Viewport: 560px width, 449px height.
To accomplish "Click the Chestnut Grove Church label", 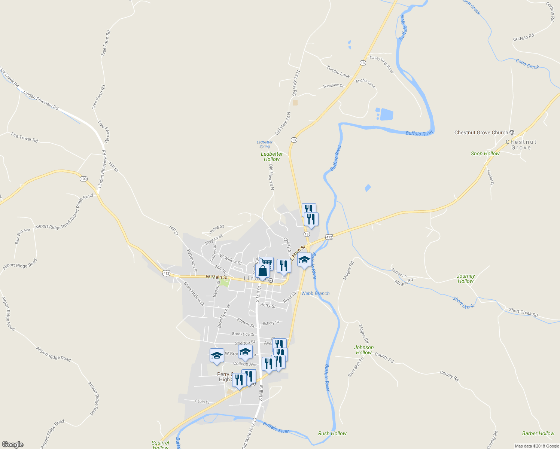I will (x=481, y=132).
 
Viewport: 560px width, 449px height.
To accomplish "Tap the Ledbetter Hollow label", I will (x=272, y=156).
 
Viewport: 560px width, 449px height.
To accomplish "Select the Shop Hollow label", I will (x=485, y=153).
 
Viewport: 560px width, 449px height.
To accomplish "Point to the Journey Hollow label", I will (x=466, y=278).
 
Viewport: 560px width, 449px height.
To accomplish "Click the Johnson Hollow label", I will (x=364, y=350).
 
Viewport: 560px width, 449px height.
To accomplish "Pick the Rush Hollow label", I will (x=332, y=433).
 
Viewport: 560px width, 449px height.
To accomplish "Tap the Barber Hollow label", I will (x=538, y=433).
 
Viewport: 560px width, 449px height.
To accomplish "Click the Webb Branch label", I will (x=316, y=293).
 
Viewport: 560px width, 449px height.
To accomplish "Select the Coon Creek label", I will (x=527, y=64).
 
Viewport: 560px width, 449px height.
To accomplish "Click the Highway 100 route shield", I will (x=83, y=179).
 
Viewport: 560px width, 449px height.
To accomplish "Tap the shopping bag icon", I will (x=263, y=271).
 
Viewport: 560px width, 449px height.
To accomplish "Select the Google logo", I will (x=12, y=445).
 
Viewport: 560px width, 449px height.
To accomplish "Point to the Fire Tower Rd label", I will (x=24, y=137).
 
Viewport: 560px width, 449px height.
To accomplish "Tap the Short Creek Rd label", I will (x=523, y=312).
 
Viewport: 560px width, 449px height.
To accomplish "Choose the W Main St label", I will (x=217, y=277).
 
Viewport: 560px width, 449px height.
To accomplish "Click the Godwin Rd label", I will (x=523, y=37).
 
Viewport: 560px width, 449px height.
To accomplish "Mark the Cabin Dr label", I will (x=202, y=401).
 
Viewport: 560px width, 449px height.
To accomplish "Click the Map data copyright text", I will (x=537, y=446).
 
